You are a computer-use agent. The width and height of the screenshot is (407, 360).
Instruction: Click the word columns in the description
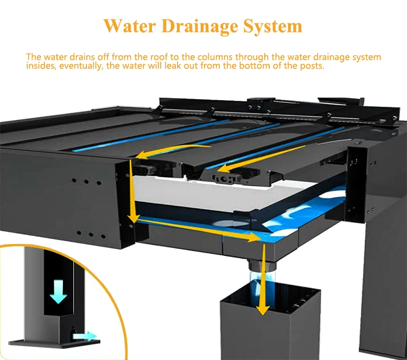pyautogui.click(x=188, y=57)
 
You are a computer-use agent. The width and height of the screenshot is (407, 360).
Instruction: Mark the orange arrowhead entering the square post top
pyautogui.click(x=263, y=309)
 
